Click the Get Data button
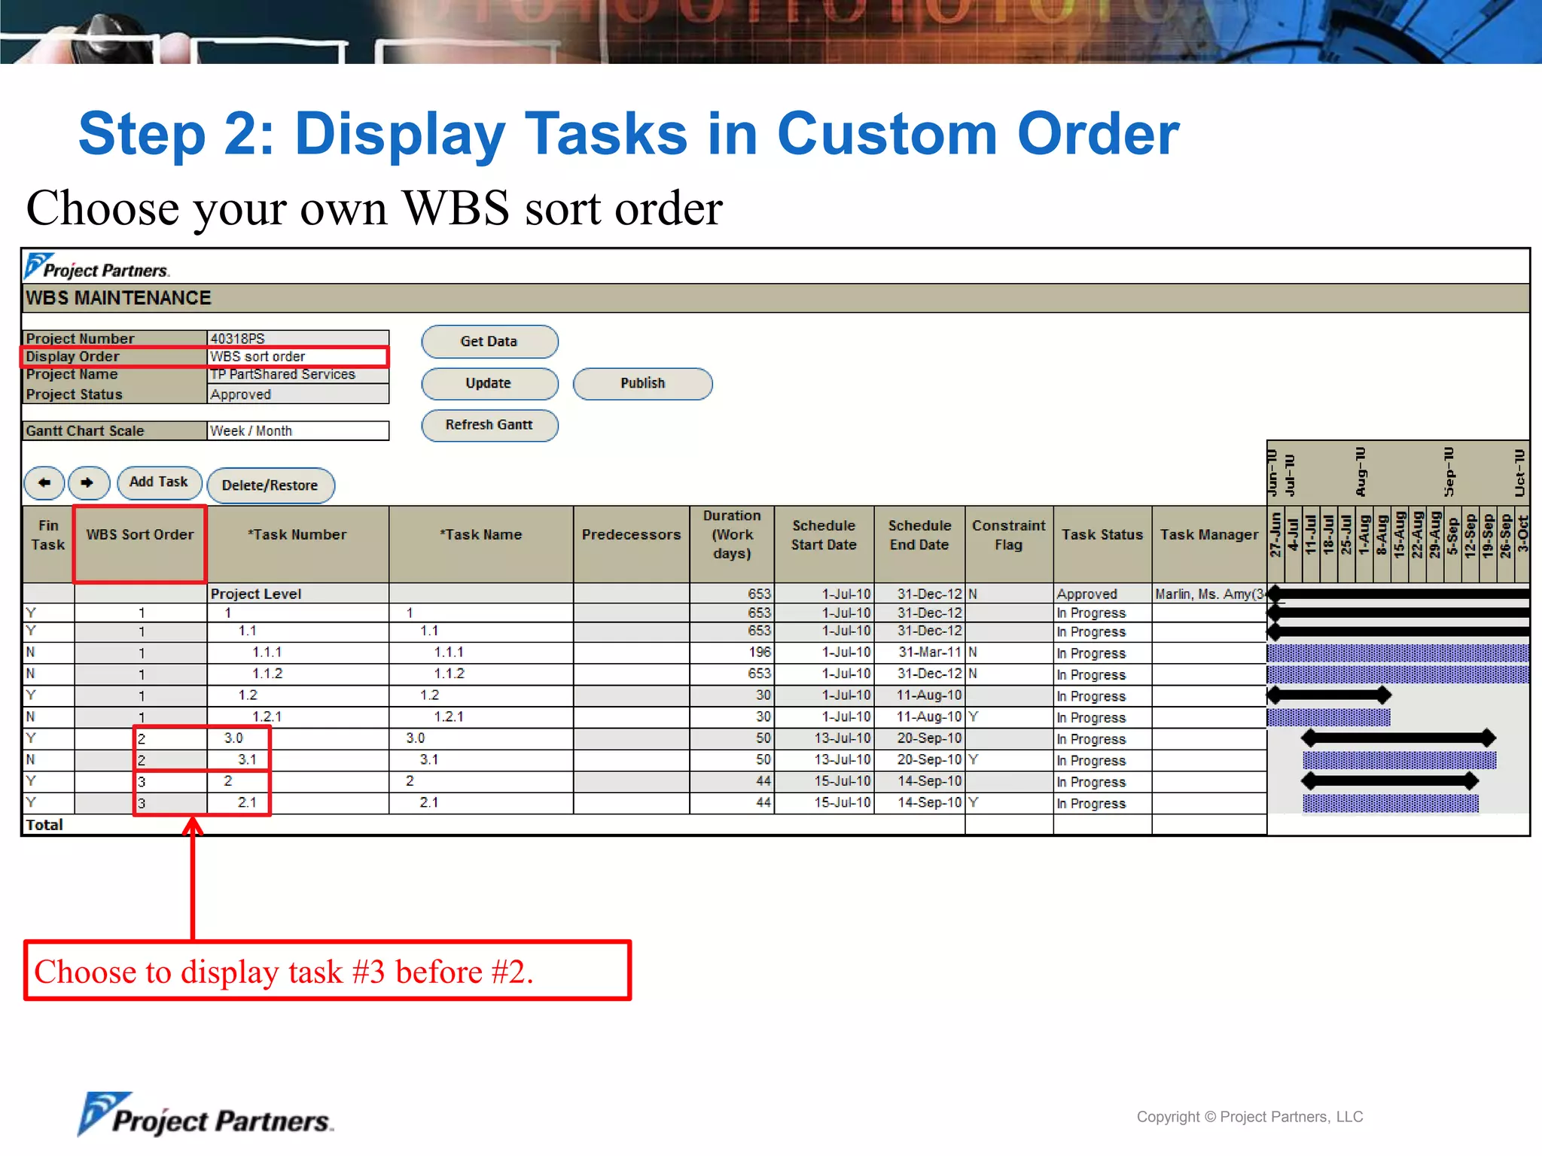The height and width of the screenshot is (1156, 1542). [489, 342]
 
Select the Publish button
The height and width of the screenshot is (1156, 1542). [642, 383]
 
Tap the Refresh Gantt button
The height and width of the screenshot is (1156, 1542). [489, 425]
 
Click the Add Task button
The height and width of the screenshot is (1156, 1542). [159, 482]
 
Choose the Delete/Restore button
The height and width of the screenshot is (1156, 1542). [270, 485]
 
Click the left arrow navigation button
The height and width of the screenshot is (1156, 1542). [44, 482]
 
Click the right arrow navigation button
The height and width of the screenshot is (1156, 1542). [88, 482]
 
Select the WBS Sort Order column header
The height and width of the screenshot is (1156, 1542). [140, 535]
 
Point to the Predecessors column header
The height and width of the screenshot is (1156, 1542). [631, 535]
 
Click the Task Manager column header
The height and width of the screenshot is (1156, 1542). [1208, 535]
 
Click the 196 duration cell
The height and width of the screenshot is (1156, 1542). [759, 652]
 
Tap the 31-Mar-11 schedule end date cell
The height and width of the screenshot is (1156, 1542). [929, 652]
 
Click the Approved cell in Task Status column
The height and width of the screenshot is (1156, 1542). [1086, 594]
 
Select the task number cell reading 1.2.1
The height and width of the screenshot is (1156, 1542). [267, 716]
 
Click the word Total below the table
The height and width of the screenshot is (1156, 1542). [44, 825]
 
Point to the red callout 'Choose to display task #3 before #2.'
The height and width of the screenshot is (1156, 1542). [328, 971]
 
